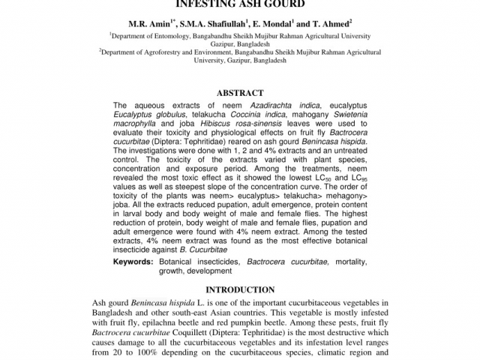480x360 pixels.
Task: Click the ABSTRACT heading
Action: tap(240, 93)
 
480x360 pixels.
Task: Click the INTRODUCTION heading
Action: tap(240, 289)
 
